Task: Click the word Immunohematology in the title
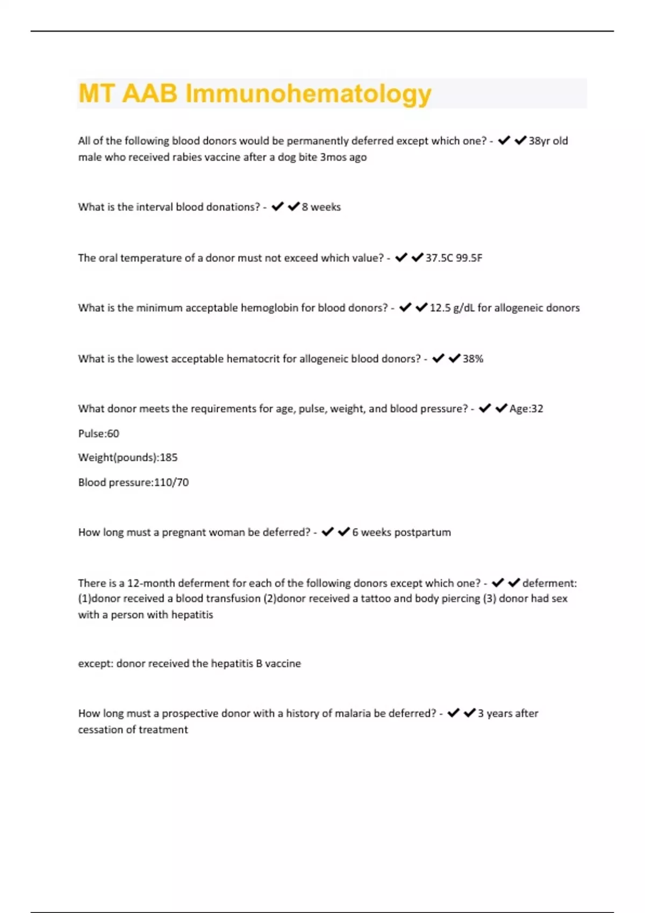click(x=308, y=94)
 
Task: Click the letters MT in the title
click(x=96, y=93)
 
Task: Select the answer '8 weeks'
click(x=321, y=207)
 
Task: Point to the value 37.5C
click(x=439, y=258)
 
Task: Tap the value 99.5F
click(x=469, y=258)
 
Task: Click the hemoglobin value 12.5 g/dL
click(x=451, y=308)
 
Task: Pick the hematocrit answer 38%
click(x=473, y=358)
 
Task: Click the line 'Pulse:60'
click(x=99, y=433)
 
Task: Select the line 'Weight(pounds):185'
click(x=128, y=458)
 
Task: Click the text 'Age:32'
click(x=526, y=409)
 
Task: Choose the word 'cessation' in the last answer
click(x=99, y=730)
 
